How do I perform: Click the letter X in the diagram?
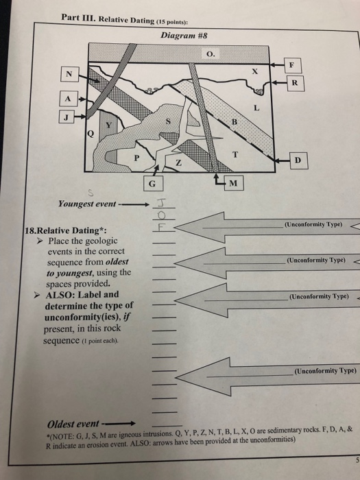254,71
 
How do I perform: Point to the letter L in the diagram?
256,108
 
